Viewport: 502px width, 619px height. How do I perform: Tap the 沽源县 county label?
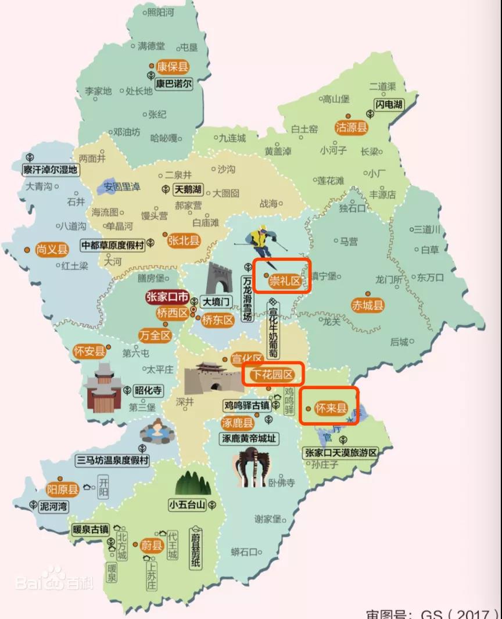click(352, 128)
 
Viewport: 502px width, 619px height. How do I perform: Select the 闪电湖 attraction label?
click(388, 104)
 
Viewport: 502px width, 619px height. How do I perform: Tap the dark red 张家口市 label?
click(167, 298)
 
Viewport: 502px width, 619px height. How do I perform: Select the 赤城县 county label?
click(368, 305)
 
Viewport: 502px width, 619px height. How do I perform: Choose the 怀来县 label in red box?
click(329, 408)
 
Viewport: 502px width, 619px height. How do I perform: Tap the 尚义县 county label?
click(52, 250)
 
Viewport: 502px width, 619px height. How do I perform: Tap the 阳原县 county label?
click(62, 488)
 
